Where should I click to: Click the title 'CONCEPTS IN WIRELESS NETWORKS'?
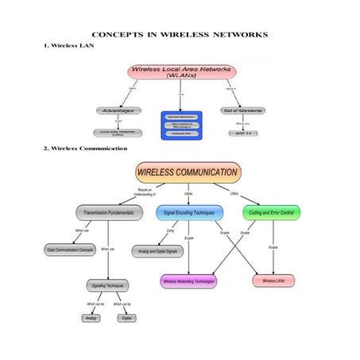[x=180, y=35]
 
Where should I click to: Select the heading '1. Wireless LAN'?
[x=71, y=47]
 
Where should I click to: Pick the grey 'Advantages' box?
[x=118, y=110]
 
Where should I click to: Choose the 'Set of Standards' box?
[x=242, y=110]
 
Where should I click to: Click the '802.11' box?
[x=243, y=133]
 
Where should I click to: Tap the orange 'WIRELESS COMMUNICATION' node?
[x=188, y=172]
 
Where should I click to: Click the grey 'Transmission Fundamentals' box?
[x=110, y=213]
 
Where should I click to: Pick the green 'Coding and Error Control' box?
[x=271, y=213]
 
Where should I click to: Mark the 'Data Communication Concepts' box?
[x=69, y=250]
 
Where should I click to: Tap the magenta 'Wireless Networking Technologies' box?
[x=188, y=281]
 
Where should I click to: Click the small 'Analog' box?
[x=91, y=318]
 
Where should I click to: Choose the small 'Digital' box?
[x=126, y=318]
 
